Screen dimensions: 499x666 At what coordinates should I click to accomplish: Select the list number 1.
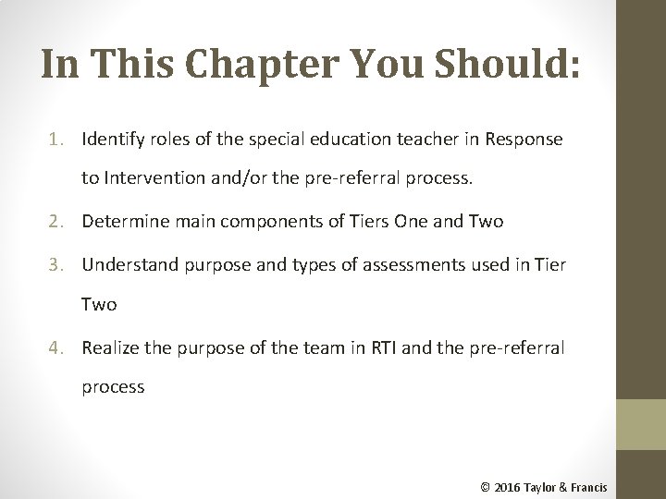click(57, 140)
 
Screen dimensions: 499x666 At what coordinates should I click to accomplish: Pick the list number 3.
click(57, 264)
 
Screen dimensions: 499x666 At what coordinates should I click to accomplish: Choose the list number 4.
click(57, 348)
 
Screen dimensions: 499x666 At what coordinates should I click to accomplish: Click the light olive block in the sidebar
click(640, 424)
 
